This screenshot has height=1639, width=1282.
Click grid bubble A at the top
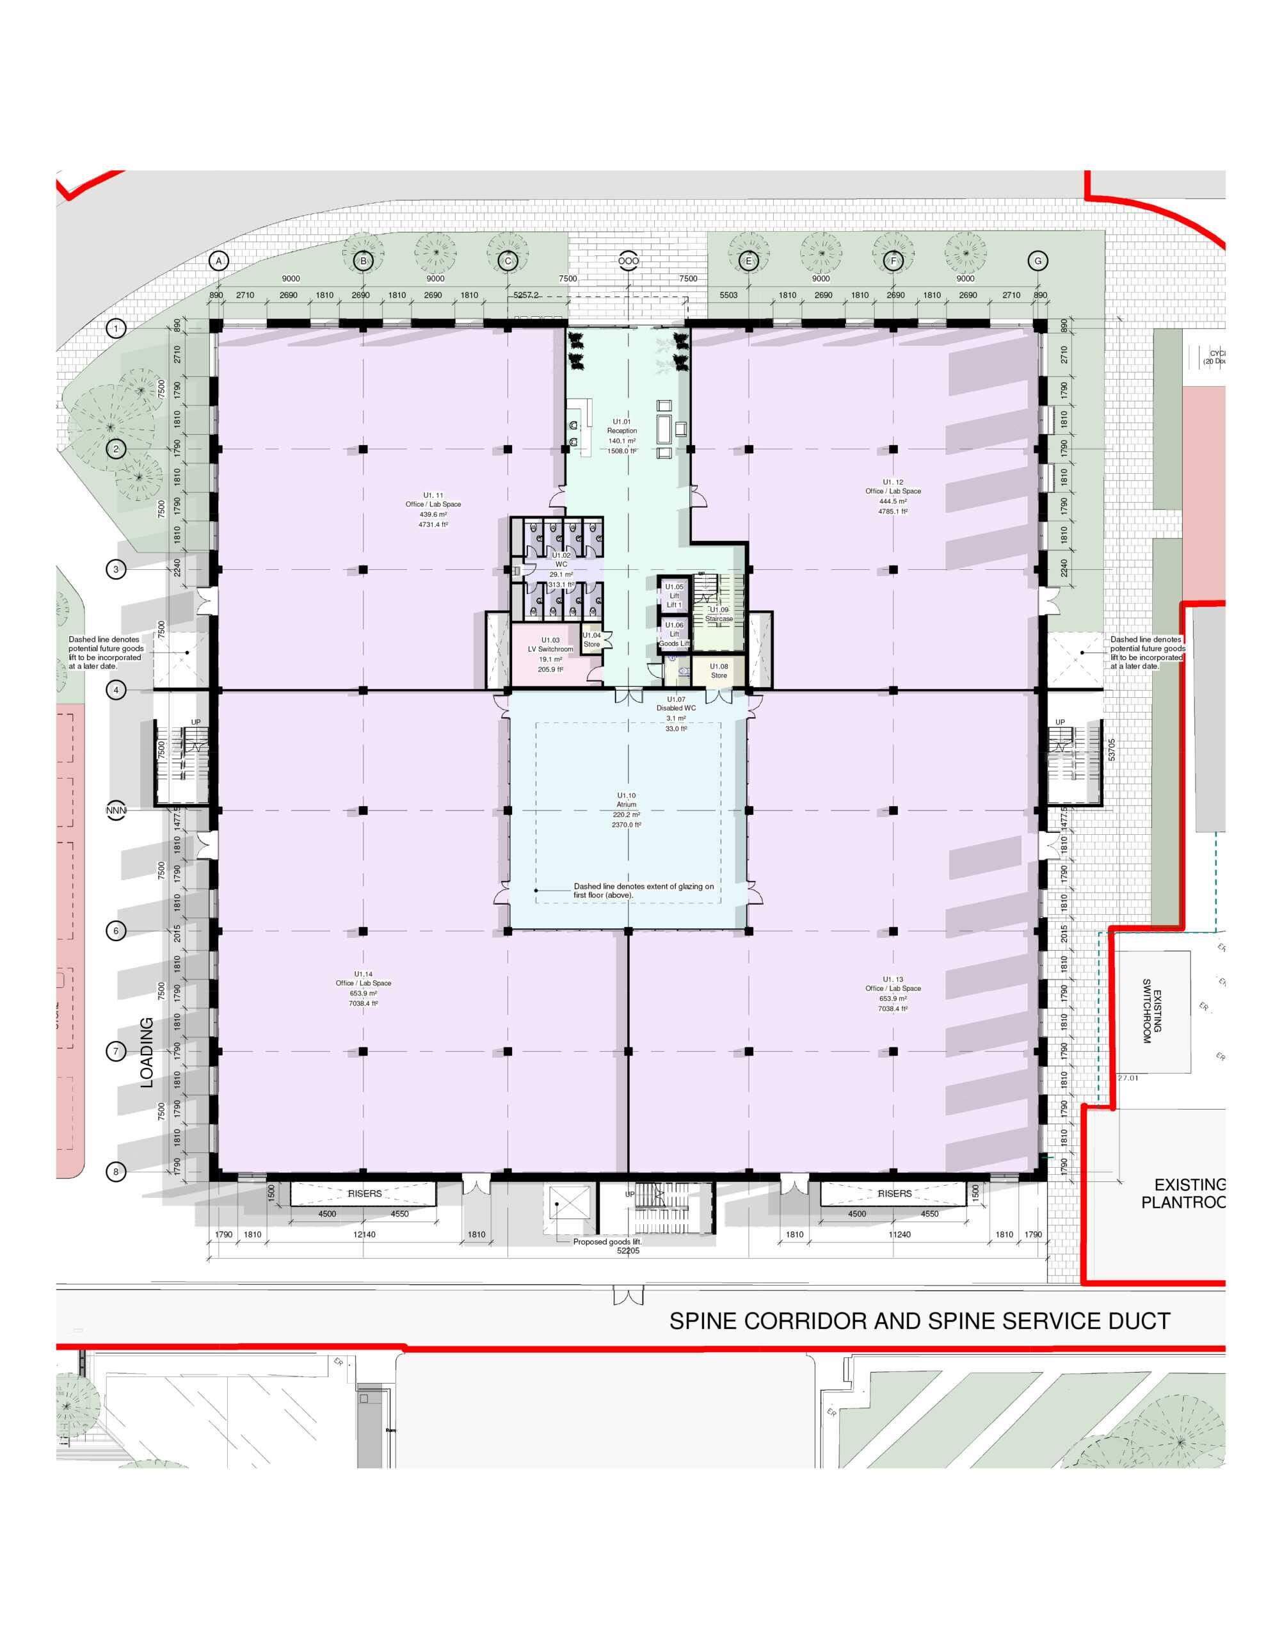218,261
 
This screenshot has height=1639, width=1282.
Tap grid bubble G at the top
1039,261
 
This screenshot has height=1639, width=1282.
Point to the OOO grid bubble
629,261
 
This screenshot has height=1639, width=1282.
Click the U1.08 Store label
719,670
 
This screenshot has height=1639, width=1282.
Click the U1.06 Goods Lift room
674,634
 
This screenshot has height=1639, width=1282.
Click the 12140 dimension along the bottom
364,1234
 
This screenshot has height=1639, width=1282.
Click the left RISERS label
365,1194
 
